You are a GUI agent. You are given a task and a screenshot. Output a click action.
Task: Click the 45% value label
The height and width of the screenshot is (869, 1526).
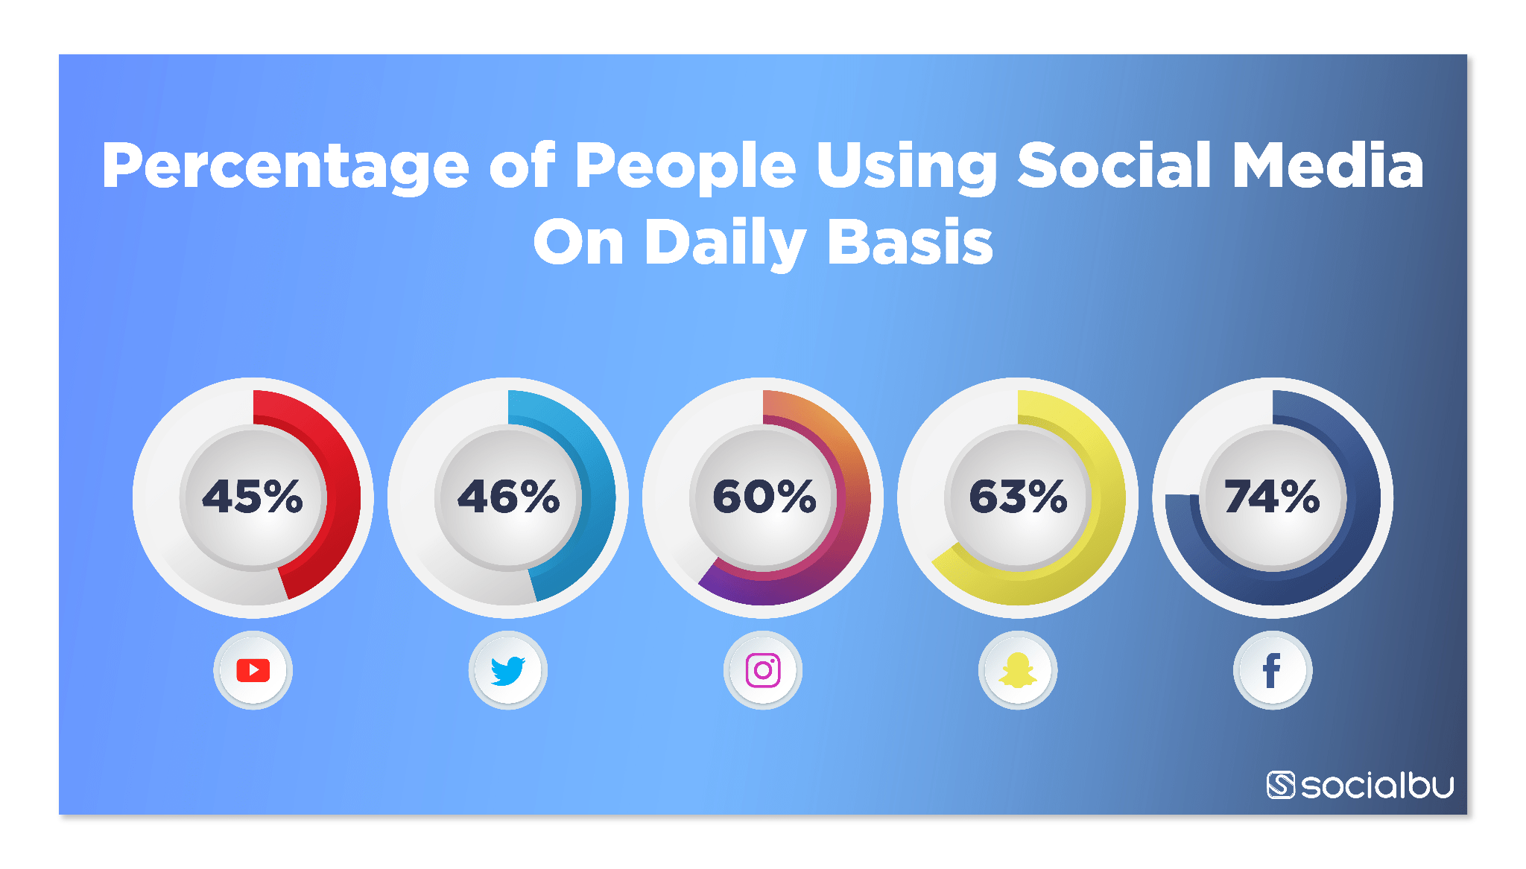pyautogui.click(x=253, y=496)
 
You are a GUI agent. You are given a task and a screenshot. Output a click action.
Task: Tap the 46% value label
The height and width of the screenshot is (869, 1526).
pyautogui.click(x=508, y=496)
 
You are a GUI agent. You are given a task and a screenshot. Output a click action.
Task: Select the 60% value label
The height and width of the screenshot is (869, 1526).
pyautogui.click(x=764, y=496)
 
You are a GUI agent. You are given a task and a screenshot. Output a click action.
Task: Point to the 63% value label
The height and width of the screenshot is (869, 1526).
pyautogui.click(x=1019, y=496)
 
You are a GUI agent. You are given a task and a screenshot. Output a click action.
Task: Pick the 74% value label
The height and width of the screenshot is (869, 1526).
pyautogui.click(x=1273, y=496)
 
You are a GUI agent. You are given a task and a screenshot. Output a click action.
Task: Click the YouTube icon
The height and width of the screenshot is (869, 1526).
pyautogui.click(x=253, y=670)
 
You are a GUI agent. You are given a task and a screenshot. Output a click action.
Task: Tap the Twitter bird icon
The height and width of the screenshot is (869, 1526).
pyautogui.click(x=508, y=670)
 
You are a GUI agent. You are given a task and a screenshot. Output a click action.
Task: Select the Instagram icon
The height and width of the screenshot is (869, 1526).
pyautogui.click(x=763, y=670)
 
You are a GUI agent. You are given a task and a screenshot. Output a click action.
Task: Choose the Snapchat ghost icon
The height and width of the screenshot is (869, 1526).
pyautogui.click(x=1018, y=670)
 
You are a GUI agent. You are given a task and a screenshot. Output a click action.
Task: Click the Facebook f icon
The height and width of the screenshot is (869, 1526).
pyautogui.click(x=1272, y=670)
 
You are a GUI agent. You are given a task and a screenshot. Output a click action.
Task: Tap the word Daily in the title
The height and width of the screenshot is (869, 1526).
pyautogui.click(x=725, y=243)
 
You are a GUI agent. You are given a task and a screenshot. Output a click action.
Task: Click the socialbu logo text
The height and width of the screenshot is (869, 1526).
pyautogui.click(x=1377, y=786)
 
